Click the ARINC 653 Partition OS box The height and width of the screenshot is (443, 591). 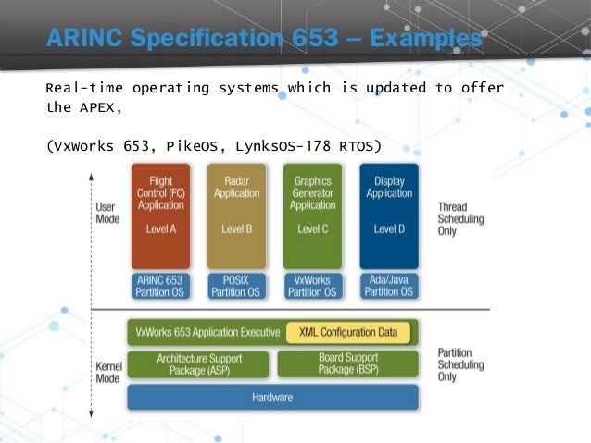point(160,286)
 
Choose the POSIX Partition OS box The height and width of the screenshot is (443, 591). point(236,286)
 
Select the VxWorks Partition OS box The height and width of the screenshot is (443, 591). point(312,286)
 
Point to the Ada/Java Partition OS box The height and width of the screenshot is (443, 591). point(389,286)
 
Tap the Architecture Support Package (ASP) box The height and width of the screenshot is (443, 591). point(199,363)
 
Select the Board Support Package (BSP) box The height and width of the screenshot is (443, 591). point(347,363)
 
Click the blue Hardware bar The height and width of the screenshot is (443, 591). point(272,398)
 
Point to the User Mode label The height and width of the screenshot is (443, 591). point(107,214)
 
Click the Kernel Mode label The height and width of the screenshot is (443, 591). point(107,374)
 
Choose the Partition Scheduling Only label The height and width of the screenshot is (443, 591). point(459,364)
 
